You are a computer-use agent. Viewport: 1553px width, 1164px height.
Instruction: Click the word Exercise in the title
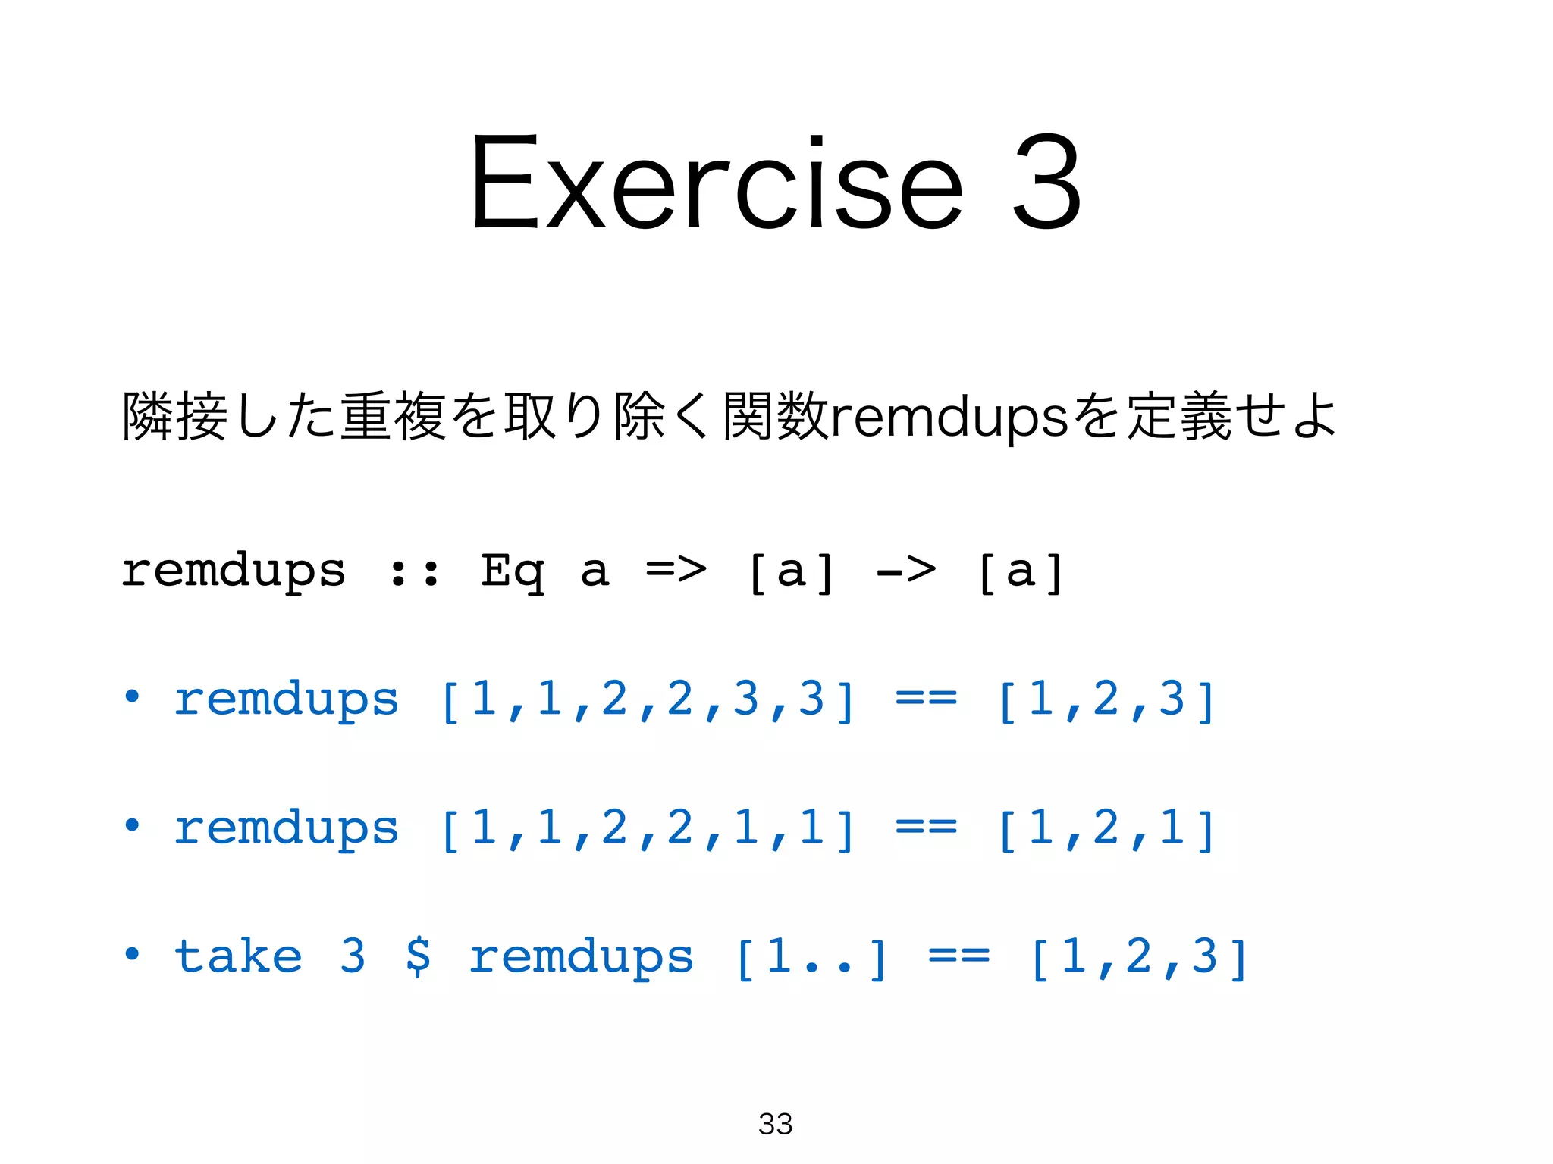[717, 182]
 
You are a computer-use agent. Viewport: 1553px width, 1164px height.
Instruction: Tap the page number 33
[775, 1124]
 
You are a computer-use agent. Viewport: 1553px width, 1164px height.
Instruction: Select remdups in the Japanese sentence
[950, 417]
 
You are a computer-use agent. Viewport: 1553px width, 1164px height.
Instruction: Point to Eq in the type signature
[512, 572]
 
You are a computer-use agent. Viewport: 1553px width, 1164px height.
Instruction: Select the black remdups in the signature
[234, 572]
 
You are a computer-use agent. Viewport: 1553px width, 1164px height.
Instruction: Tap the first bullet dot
[133, 696]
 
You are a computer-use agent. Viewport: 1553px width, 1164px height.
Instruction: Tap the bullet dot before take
[133, 953]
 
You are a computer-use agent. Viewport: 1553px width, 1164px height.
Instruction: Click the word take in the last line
[238, 956]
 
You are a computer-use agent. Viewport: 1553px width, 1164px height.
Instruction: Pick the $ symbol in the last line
[418, 956]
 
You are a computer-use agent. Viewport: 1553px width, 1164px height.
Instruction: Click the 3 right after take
[353, 956]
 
